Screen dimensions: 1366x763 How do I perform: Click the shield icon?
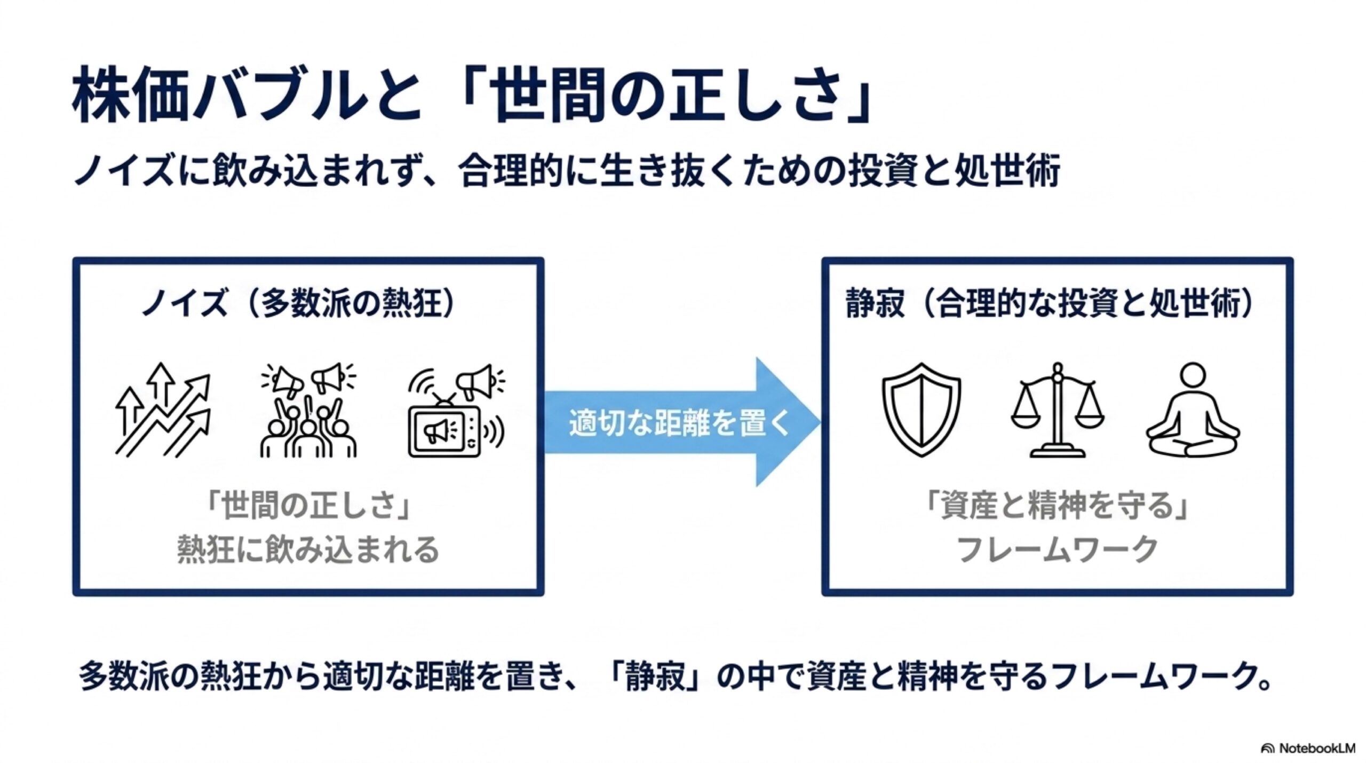coord(921,410)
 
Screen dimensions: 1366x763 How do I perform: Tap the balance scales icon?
coord(1058,410)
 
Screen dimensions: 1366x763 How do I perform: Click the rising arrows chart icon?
coord(163,410)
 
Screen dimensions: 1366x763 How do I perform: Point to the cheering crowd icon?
coord(308,410)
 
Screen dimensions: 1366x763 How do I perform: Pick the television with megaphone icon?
coord(457,410)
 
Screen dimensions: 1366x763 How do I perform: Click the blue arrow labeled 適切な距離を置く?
coord(682,422)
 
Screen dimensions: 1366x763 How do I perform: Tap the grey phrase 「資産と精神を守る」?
coord(1057,506)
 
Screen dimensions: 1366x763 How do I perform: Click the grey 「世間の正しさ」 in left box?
coord(308,506)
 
